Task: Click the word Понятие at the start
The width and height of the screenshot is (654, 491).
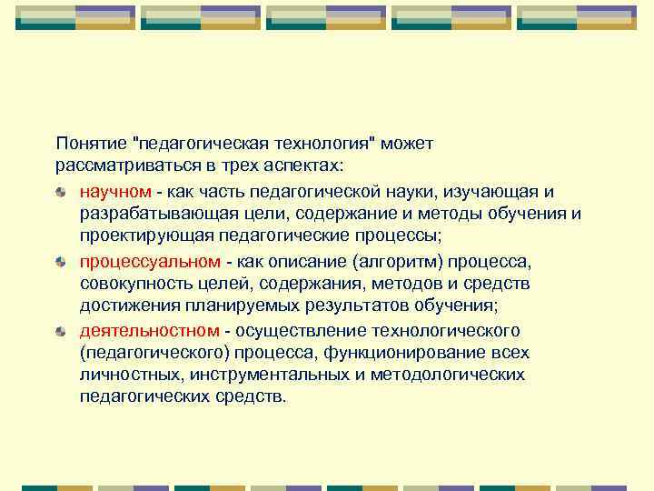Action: click(x=90, y=145)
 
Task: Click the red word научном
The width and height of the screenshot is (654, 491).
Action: click(x=114, y=192)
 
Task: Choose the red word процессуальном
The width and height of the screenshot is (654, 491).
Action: click(x=149, y=261)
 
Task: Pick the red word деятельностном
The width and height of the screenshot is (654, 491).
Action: click(x=149, y=330)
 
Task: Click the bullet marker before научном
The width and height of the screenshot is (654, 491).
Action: click(x=61, y=192)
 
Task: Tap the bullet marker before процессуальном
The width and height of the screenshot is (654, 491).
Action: click(x=61, y=261)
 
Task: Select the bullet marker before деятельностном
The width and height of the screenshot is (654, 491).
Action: click(x=61, y=330)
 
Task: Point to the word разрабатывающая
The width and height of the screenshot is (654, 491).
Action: click(x=153, y=215)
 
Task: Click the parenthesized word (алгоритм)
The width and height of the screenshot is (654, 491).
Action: click(x=401, y=261)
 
